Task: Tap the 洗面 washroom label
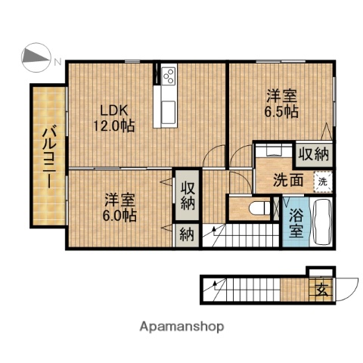coord(289,181)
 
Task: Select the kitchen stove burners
coord(168,76)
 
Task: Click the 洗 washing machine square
coord(322,181)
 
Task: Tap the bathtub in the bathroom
coord(321,219)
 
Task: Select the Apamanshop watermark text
coord(181,327)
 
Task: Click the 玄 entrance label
coord(321,287)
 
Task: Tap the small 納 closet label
coord(186,234)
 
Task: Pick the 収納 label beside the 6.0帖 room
coord(187,194)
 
